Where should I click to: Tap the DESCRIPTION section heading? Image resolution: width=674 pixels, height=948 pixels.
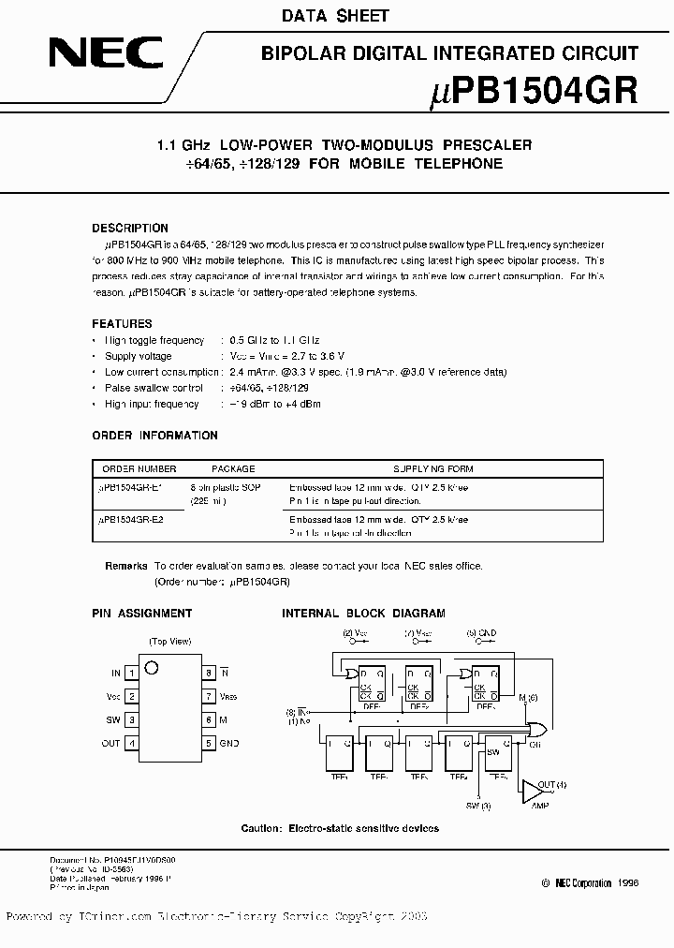tap(130, 228)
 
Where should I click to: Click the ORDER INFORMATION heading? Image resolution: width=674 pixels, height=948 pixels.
tap(154, 436)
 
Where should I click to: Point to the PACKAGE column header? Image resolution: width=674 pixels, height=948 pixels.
tap(232, 468)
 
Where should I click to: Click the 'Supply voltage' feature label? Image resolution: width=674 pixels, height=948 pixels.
tap(139, 356)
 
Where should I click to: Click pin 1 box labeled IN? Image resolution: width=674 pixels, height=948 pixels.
tap(132, 673)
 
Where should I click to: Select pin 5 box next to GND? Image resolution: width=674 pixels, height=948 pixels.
tap(209, 743)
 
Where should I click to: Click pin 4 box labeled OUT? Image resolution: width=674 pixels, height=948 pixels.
tap(132, 743)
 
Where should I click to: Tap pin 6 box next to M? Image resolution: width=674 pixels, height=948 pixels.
tap(209, 719)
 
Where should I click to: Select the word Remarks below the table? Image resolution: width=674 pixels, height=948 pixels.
tap(126, 566)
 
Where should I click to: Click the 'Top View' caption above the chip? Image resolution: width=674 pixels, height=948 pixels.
tap(169, 642)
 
